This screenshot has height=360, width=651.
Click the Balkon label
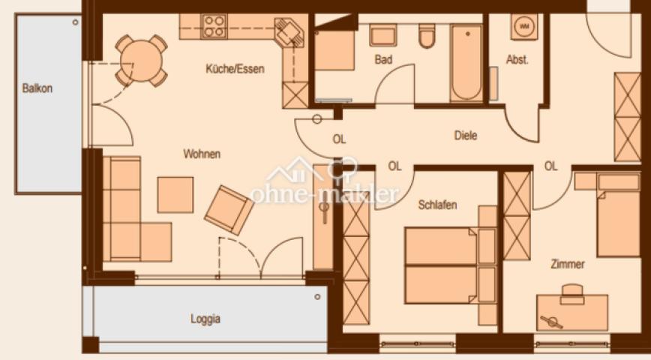pos(37,88)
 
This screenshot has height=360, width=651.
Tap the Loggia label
pos(205,319)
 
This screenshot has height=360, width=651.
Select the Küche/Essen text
pos(235,70)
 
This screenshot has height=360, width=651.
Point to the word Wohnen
pos(202,154)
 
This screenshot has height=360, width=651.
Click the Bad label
pos(384,59)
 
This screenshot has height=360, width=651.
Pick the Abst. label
pos(517,60)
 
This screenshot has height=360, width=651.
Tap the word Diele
pos(465,136)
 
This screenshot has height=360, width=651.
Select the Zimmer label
pos(567,264)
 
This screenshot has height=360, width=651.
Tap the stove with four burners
pos(214,26)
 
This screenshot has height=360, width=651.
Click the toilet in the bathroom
pos(427,36)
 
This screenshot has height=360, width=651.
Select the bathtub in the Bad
pos(467,63)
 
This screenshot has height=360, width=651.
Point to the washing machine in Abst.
pos(523,26)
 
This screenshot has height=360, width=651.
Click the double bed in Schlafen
pos(442,265)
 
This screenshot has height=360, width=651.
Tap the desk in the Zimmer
pos(572,312)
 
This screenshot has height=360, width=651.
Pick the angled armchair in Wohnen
pos(229,208)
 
